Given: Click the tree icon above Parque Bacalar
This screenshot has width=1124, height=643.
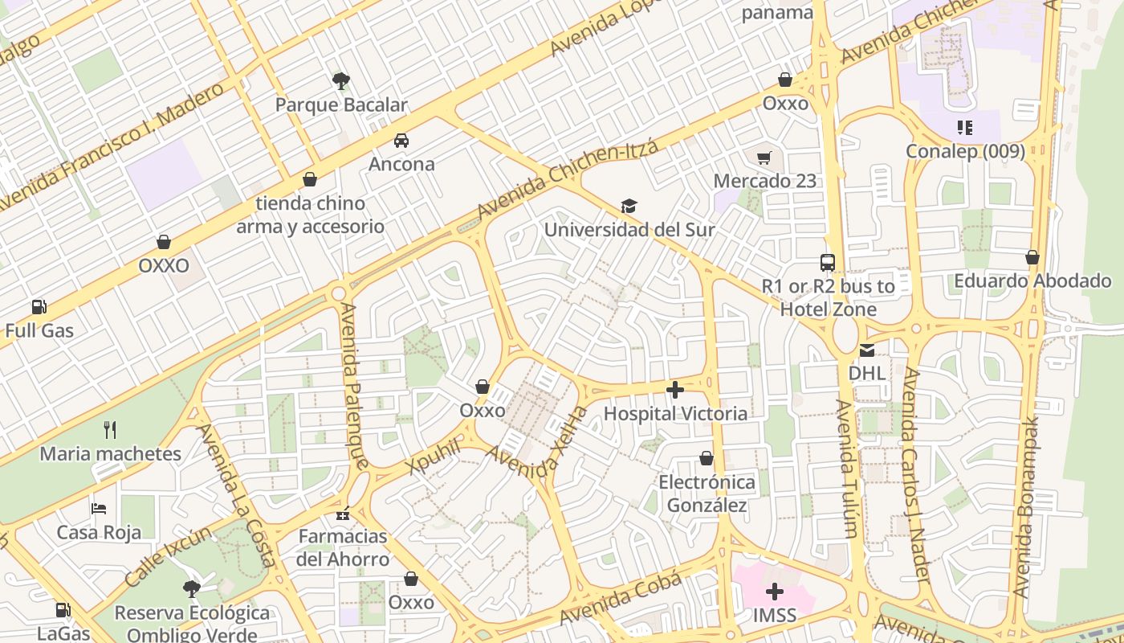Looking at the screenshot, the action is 341,80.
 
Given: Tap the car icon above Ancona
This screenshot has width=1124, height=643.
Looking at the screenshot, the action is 401,141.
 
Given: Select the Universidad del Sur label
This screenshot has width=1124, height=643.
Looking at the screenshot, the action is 629,230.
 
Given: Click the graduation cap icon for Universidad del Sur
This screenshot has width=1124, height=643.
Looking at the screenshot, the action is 629,207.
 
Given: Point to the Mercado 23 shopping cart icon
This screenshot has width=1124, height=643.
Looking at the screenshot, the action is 764,158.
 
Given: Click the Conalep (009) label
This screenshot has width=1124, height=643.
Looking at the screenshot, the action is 965,151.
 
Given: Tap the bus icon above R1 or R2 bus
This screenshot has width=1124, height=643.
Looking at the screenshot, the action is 828,262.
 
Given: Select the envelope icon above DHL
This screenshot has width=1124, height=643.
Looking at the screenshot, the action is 867,350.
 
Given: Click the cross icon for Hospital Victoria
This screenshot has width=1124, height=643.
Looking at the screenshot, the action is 675,390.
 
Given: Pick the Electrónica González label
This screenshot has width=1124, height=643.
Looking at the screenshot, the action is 707,494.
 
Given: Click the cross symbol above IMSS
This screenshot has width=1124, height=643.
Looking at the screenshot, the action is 775,592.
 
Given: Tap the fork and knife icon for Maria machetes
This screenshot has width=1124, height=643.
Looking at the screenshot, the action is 111,430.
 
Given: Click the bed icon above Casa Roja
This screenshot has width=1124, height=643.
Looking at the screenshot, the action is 99,508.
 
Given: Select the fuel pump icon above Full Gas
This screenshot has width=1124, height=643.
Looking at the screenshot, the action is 39,307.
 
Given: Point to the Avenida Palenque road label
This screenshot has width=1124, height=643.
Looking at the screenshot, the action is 355,386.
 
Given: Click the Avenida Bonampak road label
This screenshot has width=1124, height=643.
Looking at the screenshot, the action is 1028,506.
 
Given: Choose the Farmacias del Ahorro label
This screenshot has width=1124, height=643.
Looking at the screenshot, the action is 343,547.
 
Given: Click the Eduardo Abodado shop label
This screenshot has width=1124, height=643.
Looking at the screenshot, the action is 1032,281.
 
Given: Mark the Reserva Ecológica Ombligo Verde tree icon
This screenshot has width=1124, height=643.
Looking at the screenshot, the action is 191,589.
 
